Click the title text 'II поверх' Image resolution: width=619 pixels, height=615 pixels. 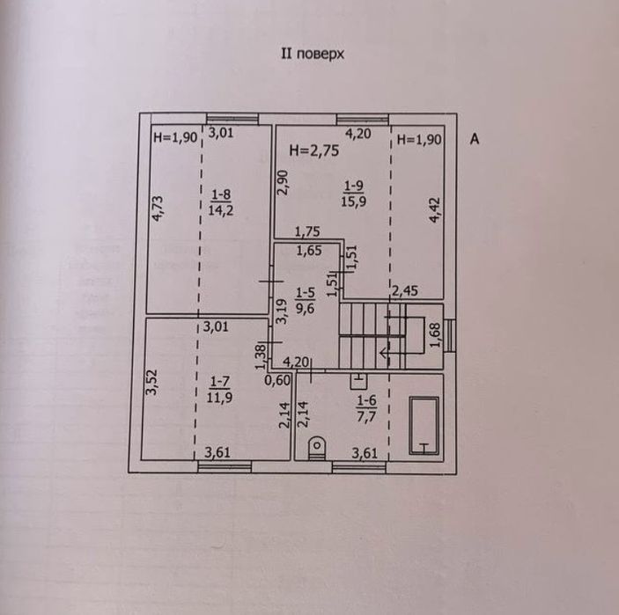pyautogui.click(x=313, y=54)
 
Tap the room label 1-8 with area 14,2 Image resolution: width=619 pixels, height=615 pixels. pyautogui.click(x=221, y=202)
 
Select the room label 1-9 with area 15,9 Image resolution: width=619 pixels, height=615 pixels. pyautogui.click(x=353, y=194)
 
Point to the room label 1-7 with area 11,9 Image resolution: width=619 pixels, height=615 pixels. pyautogui.click(x=219, y=389)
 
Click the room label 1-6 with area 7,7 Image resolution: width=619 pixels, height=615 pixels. pyautogui.click(x=366, y=409)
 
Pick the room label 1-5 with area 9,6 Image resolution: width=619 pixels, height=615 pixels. pyautogui.click(x=306, y=300)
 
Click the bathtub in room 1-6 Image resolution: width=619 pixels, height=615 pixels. pyautogui.click(x=424, y=426)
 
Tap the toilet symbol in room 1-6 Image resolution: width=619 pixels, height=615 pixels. pyautogui.click(x=317, y=448)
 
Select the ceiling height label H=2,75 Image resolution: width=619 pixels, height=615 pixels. pyautogui.click(x=313, y=150)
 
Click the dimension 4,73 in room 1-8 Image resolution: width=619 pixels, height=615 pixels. pyautogui.click(x=158, y=209)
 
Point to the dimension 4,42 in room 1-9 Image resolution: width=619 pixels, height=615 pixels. pyautogui.click(x=435, y=210)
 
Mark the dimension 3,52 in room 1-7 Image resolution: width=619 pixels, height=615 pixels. pyautogui.click(x=151, y=382)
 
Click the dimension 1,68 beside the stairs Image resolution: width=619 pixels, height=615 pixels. pyautogui.click(x=434, y=335)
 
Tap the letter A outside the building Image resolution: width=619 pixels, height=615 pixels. pyautogui.click(x=475, y=139)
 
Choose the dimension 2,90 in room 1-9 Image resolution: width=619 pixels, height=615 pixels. pyautogui.click(x=283, y=182)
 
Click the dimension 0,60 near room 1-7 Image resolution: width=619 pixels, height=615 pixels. pyautogui.click(x=277, y=380)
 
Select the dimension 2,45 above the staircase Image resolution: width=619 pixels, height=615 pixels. pyautogui.click(x=405, y=290)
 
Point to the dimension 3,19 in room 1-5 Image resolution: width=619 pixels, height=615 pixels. pyautogui.click(x=281, y=311)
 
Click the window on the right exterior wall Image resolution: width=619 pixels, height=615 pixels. pyautogui.click(x=449, y=335)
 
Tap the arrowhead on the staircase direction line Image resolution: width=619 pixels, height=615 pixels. pyautogui.click(x=383, y=352)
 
